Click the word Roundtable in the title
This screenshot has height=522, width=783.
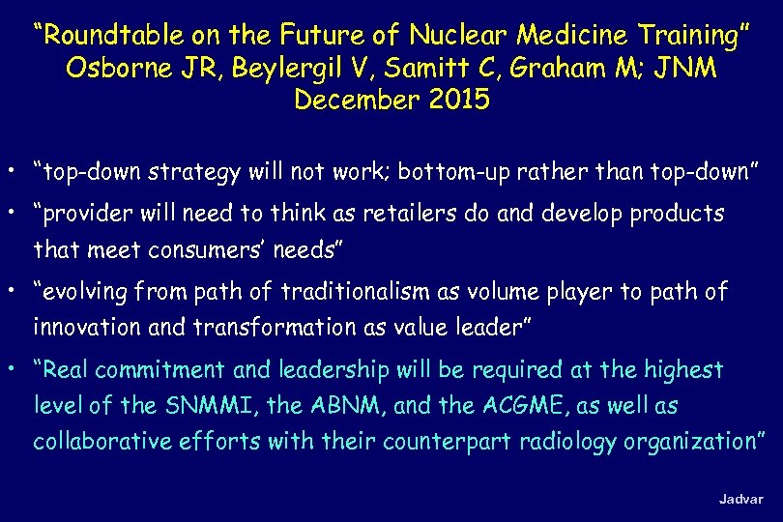click(x=107, y=37)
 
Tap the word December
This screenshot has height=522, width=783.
click(x=353, y=100)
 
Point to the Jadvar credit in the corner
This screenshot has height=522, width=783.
click(x=740, y=499)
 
